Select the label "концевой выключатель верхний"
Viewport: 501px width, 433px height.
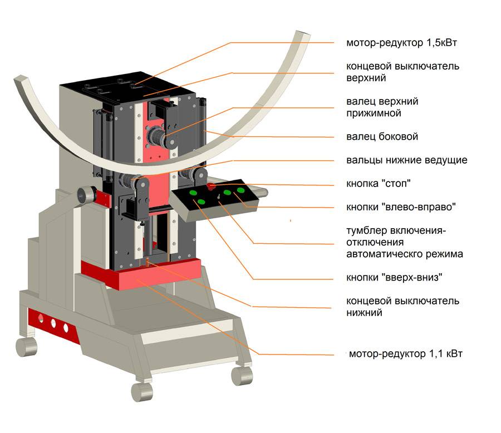pos(402,72)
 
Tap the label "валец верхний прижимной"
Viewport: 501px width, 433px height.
pos(382,107)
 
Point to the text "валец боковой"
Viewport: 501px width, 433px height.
pos(382,136)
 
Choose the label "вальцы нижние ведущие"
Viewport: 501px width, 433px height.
pos(406,160)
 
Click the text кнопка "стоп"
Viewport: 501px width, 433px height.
pos(379,183)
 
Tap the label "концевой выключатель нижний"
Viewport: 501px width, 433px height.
pos(402,307)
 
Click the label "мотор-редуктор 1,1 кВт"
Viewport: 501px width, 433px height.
pos(406,353)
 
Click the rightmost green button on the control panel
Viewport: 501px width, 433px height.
pos(240,190)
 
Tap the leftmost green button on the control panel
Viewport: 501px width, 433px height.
pos(193,193)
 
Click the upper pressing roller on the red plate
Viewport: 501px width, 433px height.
pos(156,135)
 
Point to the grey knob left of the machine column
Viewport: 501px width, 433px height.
pos(85,194)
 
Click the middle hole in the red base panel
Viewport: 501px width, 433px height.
pos(53,323)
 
